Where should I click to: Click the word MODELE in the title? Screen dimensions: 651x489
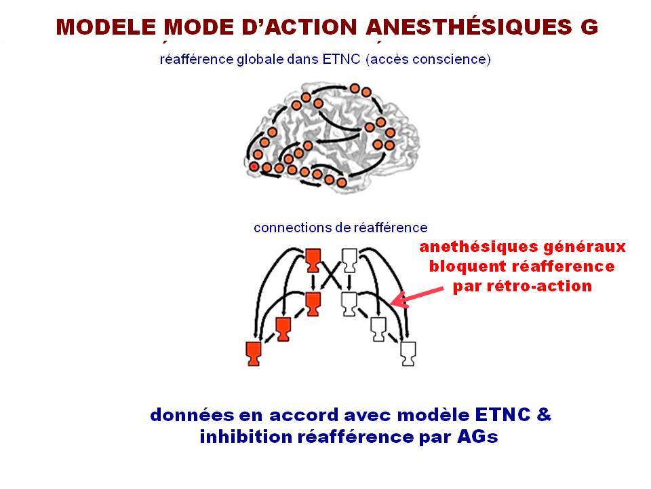(x=106, y=27)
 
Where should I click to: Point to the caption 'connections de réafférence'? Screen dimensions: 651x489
(x=340, y=228)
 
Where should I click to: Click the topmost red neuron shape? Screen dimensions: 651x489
(x=313, y=260)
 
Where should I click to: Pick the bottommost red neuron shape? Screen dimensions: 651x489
(x=254, y=354)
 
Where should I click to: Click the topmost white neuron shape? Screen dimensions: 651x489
(x=349, y=260)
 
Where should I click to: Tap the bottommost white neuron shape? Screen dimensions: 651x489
(x=408, y=354)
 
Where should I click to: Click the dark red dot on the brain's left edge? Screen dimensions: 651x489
(x=254, y=167)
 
